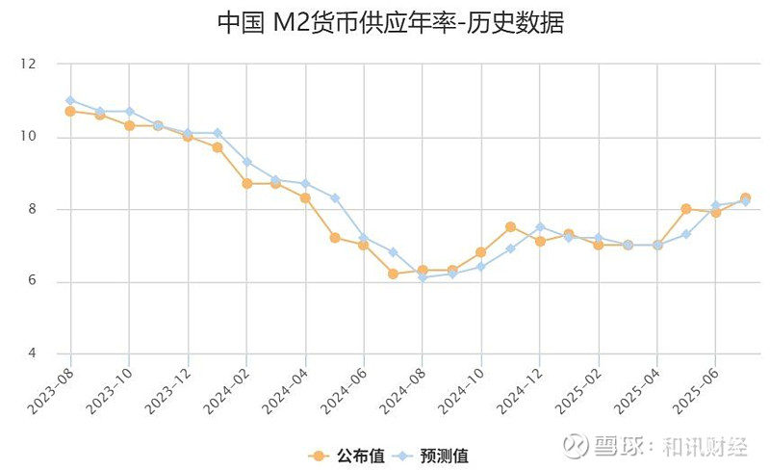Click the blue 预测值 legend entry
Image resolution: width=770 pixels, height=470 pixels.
[x=434, y=455]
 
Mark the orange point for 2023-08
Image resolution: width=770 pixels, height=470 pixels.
[x=70, y=111]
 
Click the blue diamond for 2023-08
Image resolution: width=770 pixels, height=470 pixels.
[x=70, y=100]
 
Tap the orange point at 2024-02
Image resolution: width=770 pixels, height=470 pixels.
[x=246, y=183]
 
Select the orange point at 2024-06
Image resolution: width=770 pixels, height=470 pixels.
[x=364, y=245]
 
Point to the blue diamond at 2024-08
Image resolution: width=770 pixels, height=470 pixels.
[x=423, y=277]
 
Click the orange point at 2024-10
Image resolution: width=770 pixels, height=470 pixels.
[x=481, y=252]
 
